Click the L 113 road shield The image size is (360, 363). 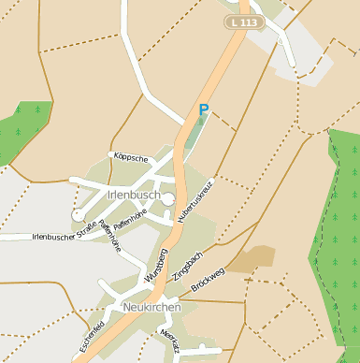click(x=243, y=22)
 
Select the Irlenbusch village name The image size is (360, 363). click(x=122, y=195)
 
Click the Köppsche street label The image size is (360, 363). click(x=129, y=158)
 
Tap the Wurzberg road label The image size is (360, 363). click(x=156, y=268)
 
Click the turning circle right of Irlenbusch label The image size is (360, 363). click(x=167, y=198)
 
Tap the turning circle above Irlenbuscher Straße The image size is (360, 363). click(x=78, y=215)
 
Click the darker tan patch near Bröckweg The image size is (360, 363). click(x=252, y=259)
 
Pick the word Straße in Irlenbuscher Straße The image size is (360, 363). click(x=87, y=234)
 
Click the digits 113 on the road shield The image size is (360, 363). click(x=248, y=22)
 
